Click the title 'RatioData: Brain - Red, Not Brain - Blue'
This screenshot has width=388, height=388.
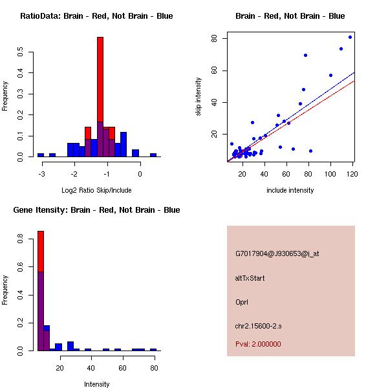coord(96,16)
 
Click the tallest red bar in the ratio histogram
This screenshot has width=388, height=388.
coord(100,78)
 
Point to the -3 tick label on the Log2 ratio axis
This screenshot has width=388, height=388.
coord(42,173)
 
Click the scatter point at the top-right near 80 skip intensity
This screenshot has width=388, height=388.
coord(350,37)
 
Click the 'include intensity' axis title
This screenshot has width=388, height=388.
coord(290,190)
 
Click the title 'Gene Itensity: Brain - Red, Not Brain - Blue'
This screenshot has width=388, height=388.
coord(96,210)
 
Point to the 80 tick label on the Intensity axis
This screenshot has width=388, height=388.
coord(153,367)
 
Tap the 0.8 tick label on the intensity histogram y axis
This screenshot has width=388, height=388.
coord(21,239)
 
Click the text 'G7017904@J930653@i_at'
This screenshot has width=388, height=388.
coord(277,253)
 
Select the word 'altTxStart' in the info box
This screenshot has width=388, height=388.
coord(250,278)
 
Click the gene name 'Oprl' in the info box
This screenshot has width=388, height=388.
coord(242,302)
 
